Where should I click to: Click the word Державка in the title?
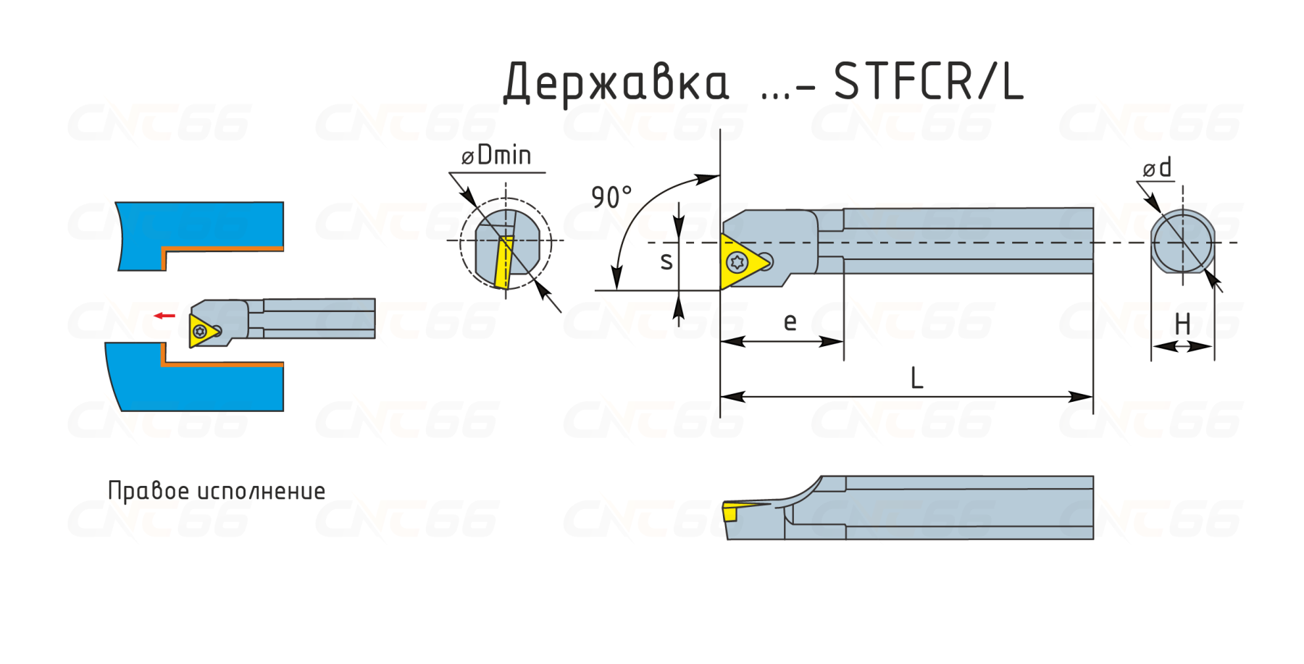coord(616,83)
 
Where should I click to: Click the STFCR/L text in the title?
coord(929,81)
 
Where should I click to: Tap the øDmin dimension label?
coord(496,155)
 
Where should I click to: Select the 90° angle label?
coord(611,197)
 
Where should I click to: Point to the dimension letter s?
coord(666,261)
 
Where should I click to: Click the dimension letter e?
coord(790,322)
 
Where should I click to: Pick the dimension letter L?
coord(916,378)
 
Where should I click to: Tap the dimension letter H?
coord(1182,324)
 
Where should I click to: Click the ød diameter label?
coord(1157,168)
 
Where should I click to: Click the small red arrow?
coord(164,316)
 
